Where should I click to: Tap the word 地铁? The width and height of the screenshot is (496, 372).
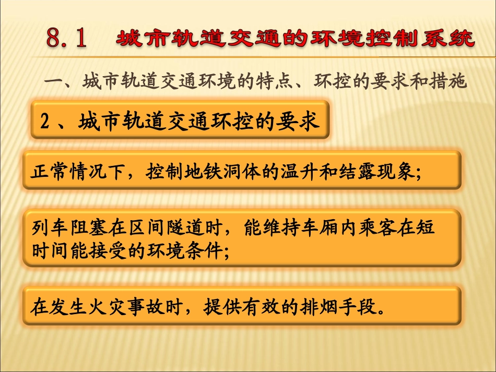tap(222, 171)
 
